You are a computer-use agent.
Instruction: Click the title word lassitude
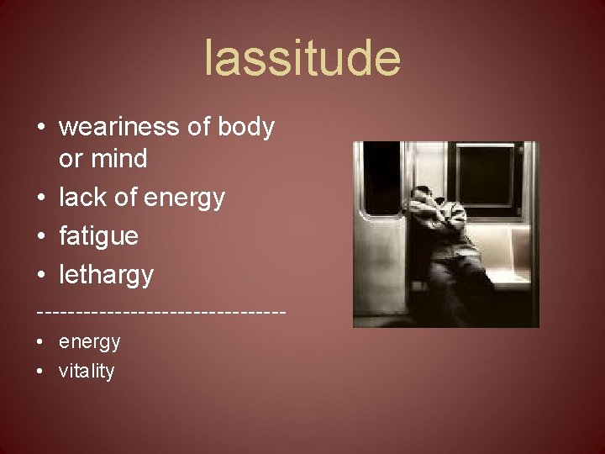302,59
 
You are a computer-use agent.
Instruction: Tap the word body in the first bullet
245,127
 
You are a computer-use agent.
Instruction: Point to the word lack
81,198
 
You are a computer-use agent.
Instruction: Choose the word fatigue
98,236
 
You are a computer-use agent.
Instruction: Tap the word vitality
87,372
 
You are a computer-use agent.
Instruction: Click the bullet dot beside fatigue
41,237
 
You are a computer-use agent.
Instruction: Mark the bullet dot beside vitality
41,372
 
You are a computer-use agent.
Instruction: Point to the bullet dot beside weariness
41,128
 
